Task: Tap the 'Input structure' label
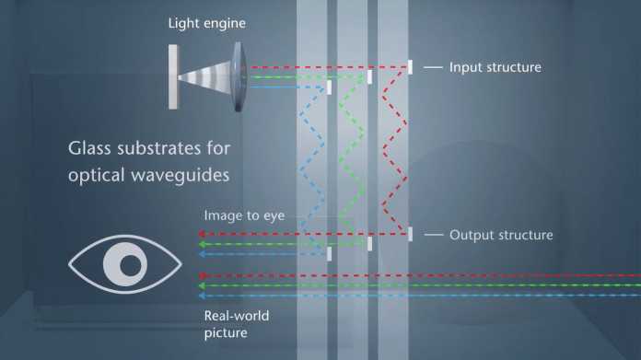(495, 67)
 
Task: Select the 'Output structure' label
(500, 235)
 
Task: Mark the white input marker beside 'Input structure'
(410, 67)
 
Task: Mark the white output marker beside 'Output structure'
(410, 234)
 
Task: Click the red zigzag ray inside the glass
(390, 147)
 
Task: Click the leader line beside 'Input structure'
(434, 67)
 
